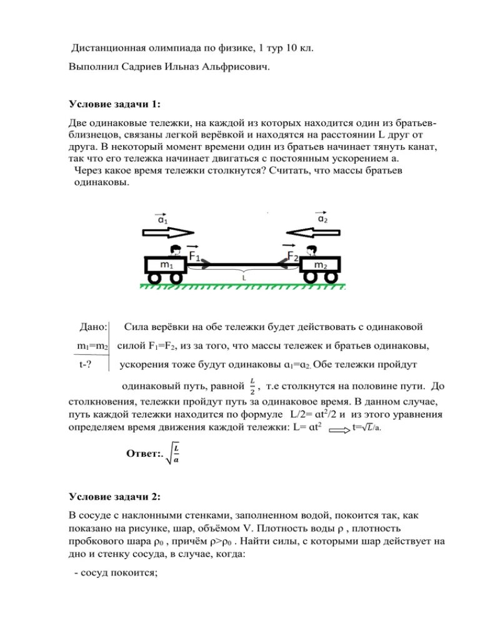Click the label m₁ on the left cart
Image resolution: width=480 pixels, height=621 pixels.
point(166,265)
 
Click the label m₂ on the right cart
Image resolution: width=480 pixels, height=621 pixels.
point(319,265)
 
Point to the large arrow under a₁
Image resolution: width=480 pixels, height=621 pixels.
point(168,232)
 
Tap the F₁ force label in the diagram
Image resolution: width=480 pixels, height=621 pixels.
point(194,257)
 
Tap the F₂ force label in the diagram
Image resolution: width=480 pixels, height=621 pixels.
point(292,257)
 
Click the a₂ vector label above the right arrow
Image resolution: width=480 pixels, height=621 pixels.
point(322,219)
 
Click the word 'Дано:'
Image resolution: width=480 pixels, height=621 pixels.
point(93,327)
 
